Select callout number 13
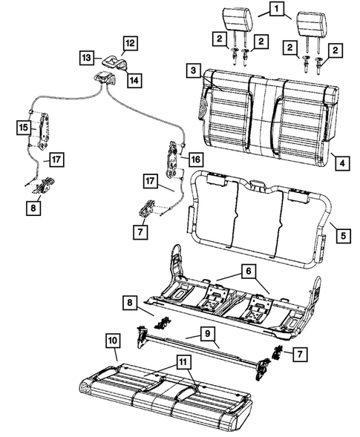pos(86,56)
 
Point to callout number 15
pos(23,128)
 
